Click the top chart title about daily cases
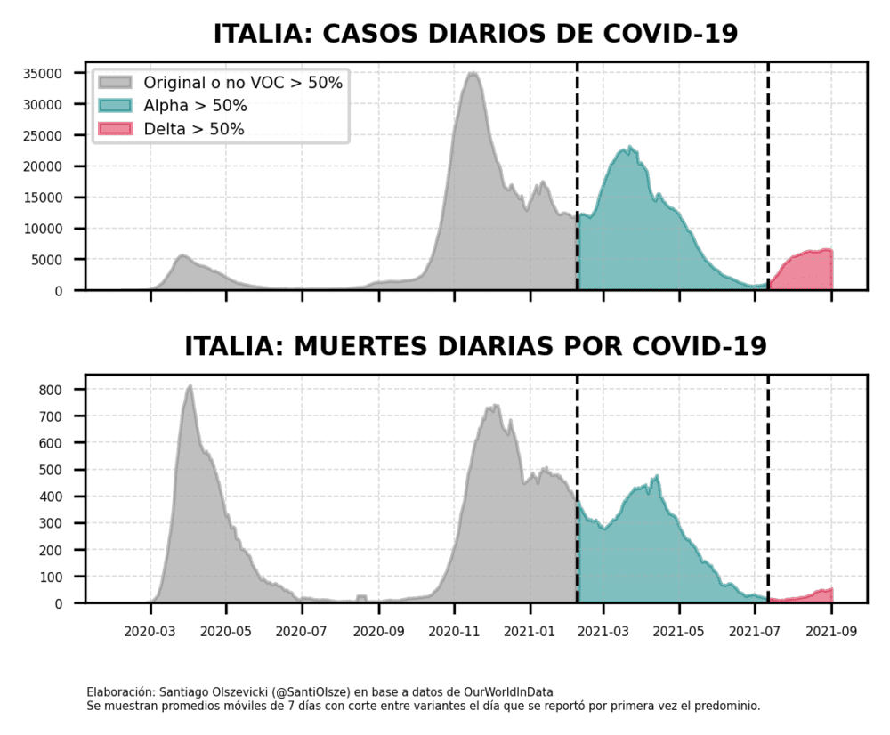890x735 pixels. pos(475,34)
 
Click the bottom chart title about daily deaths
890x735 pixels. pos(475,346)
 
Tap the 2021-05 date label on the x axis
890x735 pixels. pos(679,633)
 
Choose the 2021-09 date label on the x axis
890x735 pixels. pos(831,633)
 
